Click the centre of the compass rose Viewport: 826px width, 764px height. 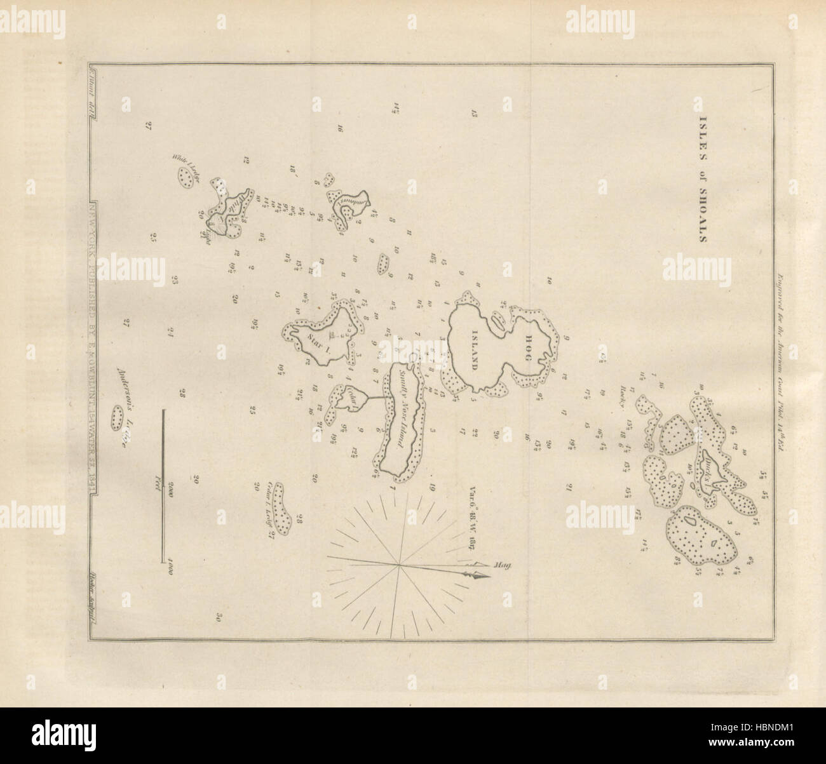(x=398, y=563)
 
